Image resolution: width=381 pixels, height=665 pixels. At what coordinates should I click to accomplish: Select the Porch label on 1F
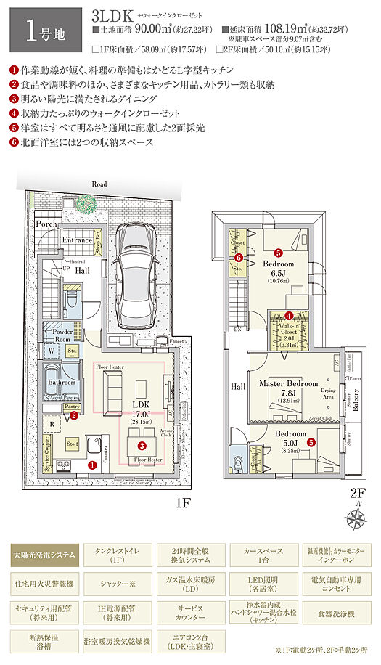point(47,225)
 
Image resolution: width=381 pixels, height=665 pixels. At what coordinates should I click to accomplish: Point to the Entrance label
point(76,240)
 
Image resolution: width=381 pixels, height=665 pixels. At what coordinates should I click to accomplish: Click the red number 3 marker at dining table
point(142,445)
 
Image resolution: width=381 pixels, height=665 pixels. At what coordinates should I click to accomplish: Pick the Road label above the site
point(99,184)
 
